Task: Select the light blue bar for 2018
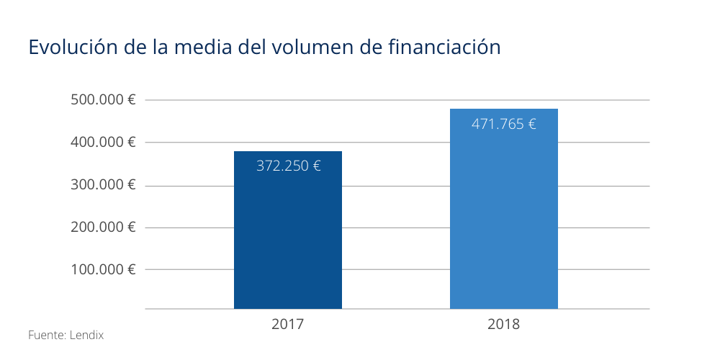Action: pyautogui.click(x=504, y=216)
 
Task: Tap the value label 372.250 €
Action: pyautogui.click(x=288, y=166)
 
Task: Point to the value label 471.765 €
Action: pyautogui.click(x=503, y=124)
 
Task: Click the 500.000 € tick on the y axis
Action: pyautogui.click(x=104, y=100)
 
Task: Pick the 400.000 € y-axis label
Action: pyautogui.click(x=104, y=143)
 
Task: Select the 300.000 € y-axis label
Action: pyautogui.click(x=104, y=185)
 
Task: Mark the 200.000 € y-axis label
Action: pyautogui.click(x=104, y=228)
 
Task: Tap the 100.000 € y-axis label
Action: pyautogui.click(x=104, y=270)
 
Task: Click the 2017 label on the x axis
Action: pyautogui.click(x=288, y=324)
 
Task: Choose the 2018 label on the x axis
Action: pyautogui.click(x=503, y=324)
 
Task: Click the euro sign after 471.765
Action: pyautogui.click(x=531, y=124)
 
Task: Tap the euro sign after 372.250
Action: pyautogui.click(x=316, y=166)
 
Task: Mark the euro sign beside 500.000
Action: pyautogui.click(x=132, y=100)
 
